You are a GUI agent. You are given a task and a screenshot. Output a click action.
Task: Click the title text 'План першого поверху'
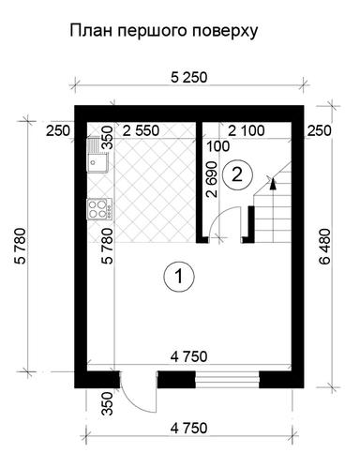[163, 32]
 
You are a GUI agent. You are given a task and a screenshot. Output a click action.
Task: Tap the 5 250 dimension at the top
[189, 78]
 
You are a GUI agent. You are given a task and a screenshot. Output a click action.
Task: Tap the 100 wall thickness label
[218, 147]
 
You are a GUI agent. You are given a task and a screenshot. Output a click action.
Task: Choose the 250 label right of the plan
[319, 130]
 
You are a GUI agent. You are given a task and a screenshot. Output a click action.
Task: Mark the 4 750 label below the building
[188, 429]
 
